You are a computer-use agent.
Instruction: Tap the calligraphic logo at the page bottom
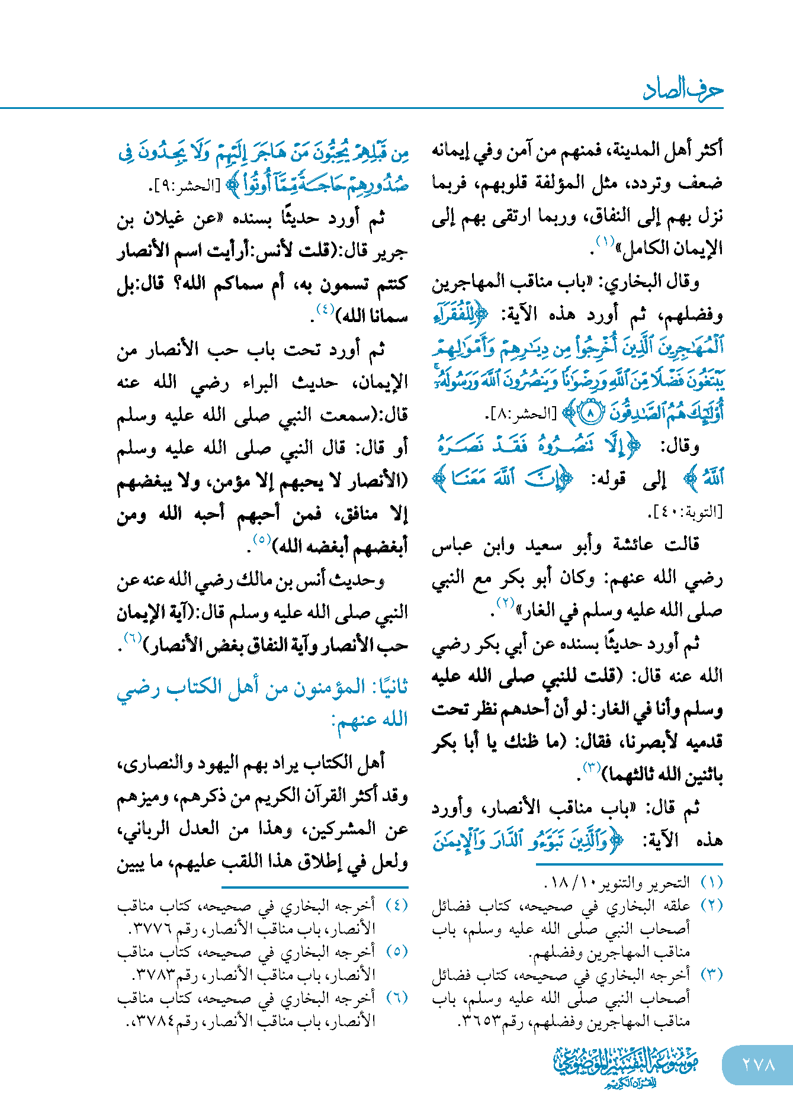(626, 1066)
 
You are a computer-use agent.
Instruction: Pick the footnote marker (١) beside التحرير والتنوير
(711, 883)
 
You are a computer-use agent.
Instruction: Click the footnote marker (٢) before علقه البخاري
(711, 906)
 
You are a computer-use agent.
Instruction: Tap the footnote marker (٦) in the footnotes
(397, 998)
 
